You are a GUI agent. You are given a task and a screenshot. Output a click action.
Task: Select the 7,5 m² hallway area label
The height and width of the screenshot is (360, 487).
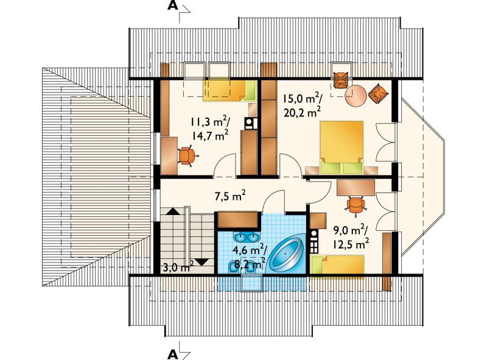[x=230, y=196]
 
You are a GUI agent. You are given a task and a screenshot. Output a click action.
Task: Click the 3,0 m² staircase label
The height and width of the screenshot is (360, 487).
[x=178, y=266]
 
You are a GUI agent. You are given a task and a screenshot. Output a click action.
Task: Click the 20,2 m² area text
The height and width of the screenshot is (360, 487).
[x=302, y=112]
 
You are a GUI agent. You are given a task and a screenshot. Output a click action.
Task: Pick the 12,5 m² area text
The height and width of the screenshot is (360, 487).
[x=351, y=244]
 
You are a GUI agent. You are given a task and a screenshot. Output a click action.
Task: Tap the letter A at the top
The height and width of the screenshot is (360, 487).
[x=173, y=6]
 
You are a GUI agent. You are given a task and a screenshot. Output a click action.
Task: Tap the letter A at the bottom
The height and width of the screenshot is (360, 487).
[x=173, y=353]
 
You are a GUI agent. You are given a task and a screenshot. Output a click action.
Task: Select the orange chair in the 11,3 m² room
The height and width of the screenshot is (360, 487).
[x=187, y=155]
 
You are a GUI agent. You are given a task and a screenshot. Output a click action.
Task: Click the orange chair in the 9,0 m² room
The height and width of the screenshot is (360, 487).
[x=356, y=205]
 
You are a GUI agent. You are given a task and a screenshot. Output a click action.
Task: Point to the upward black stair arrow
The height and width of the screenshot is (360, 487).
[x=173, y=211]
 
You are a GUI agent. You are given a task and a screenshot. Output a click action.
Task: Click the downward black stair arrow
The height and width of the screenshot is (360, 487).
[x=202, y=261]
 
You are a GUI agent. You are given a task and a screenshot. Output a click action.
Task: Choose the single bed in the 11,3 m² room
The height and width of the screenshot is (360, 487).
[x=230, y=90]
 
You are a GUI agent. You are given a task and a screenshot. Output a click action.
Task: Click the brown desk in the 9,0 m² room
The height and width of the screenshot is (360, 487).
[x=356, y=188]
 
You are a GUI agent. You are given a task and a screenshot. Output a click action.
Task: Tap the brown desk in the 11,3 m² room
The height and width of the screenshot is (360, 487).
[x=169, y=155]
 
